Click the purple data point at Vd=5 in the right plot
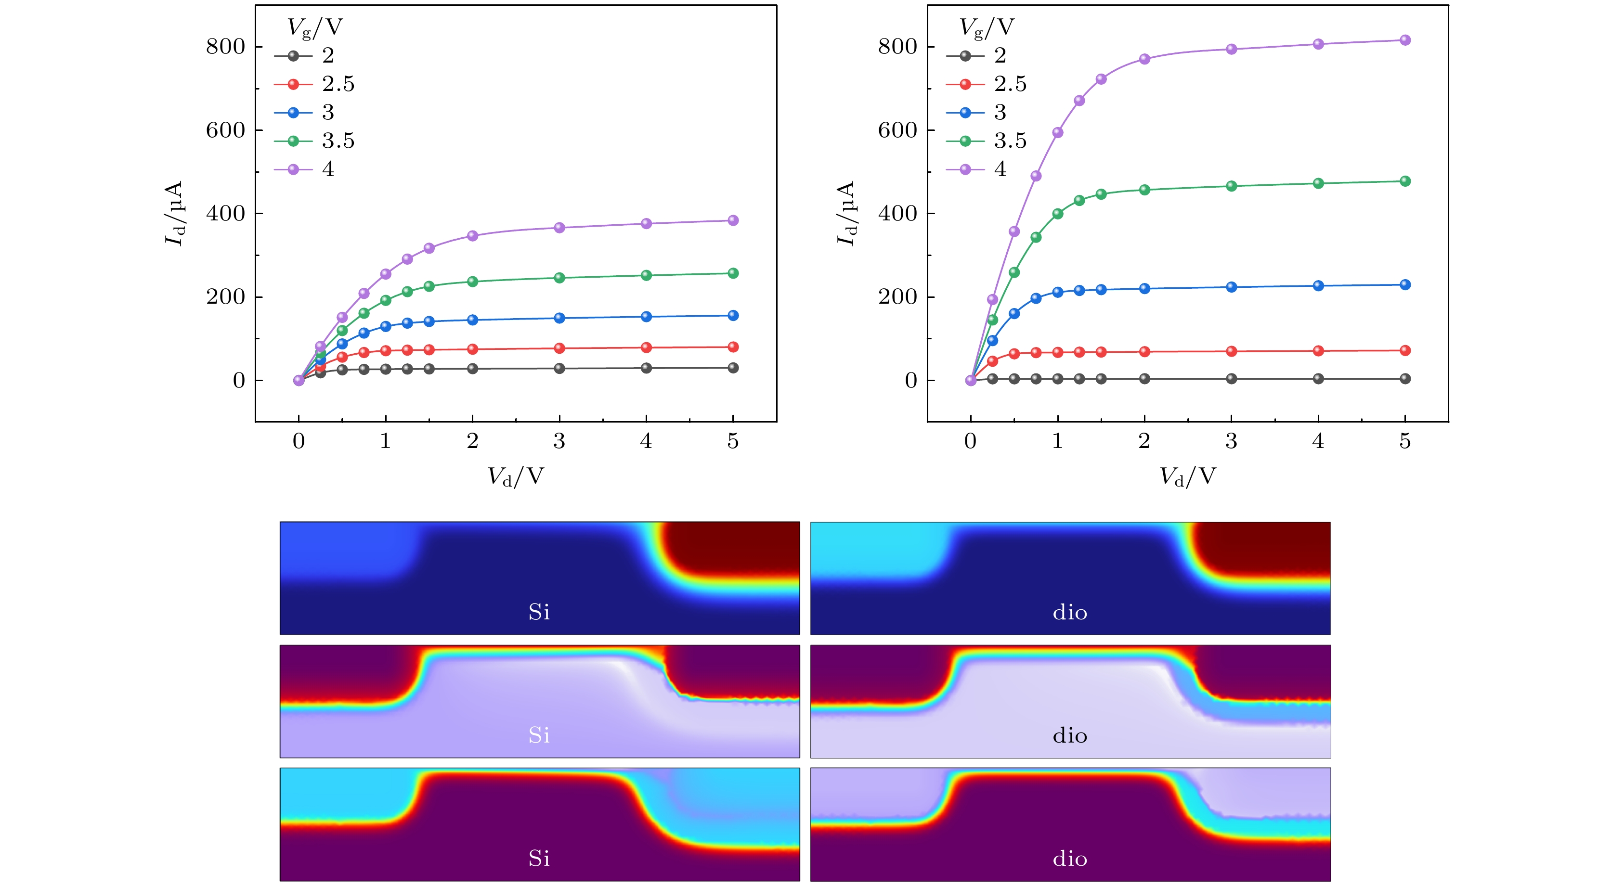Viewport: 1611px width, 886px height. point(1404,40)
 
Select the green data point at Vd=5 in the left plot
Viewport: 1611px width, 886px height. point(733,273)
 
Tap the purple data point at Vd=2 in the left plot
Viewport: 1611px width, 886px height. point(472,236)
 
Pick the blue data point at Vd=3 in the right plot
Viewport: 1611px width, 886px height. point(1231,287)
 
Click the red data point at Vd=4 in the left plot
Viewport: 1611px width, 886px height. point(646,347)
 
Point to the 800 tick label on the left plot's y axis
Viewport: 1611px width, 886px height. point(225,47)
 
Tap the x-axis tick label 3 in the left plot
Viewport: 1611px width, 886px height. point(559,441)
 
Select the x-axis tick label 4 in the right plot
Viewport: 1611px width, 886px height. point(1318,441)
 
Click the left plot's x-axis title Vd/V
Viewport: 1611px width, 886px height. point(515,476)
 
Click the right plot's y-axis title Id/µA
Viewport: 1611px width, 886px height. point(845,213)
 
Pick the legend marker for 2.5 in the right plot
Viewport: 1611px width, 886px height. point(965,84)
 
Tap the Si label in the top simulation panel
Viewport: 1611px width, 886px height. point(539,612)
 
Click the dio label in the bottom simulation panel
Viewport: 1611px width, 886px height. point(1069,859)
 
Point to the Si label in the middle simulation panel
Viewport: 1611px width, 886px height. point(539,735)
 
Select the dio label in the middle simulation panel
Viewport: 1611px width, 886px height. point(1069,735)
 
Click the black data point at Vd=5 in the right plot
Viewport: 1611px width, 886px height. point(1404,378)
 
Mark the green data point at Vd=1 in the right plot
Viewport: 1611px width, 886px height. point(1057,214)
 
